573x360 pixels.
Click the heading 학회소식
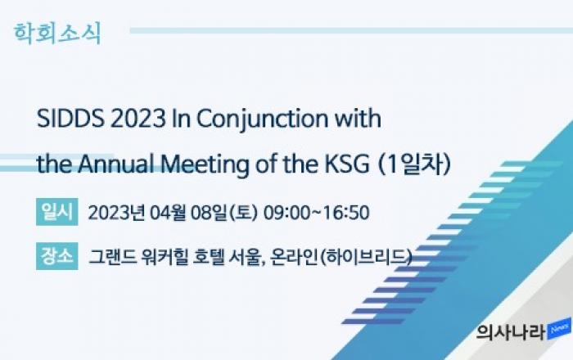click(57, 34)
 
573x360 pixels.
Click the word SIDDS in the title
click(70, 119)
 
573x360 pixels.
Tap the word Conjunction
click(263, 119)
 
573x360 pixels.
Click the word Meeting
click(205, 165)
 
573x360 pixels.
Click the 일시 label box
click(57, 212)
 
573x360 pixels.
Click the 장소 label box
click(57, 256)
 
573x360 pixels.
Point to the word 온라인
click(294, 257)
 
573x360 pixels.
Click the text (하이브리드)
click(366, 257)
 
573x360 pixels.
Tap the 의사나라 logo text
click(511, 332)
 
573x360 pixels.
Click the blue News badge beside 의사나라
click(559, 329)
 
